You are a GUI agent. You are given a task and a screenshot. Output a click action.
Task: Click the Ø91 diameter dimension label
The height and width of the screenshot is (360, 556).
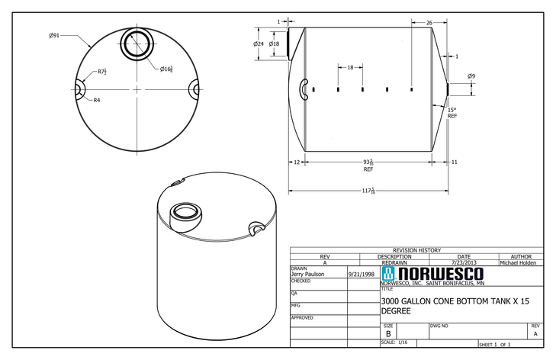54,35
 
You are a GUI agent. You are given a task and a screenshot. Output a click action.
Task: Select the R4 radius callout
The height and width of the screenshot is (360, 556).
97,100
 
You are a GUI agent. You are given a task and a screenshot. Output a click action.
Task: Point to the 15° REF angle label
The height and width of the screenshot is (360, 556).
452,113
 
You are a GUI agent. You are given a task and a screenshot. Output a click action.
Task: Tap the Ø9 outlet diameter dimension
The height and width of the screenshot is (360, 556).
471,76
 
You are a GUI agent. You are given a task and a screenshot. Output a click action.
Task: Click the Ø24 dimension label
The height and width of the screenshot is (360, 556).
258,43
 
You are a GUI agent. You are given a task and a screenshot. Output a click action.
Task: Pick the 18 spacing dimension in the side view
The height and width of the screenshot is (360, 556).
350,68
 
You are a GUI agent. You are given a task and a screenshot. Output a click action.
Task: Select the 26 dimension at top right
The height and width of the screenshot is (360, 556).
429,23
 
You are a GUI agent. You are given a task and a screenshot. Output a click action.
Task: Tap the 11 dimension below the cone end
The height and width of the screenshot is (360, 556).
454,162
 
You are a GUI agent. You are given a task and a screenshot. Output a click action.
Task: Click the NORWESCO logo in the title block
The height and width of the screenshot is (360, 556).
432,274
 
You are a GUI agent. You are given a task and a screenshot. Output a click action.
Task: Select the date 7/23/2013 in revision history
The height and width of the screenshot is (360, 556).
464,263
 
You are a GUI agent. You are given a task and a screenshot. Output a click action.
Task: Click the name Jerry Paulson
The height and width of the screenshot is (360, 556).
307,274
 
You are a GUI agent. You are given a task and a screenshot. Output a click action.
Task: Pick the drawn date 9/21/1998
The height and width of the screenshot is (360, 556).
362,274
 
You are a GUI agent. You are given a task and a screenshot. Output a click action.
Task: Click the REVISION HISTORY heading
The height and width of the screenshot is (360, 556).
416,250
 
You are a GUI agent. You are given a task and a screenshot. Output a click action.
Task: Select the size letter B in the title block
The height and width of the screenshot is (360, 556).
388,333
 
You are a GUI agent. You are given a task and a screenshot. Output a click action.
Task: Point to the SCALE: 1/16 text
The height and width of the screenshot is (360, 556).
395,342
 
